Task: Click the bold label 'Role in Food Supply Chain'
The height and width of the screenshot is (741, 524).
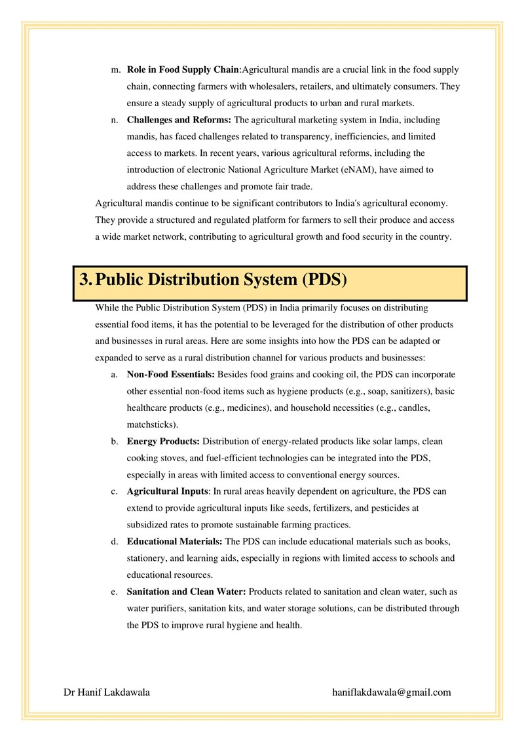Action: (183, 69)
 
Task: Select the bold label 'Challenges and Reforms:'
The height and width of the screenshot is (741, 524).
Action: (179, 120)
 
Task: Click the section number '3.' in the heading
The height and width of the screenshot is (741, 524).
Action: (86, 280)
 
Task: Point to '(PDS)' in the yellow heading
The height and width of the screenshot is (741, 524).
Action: (324, 280)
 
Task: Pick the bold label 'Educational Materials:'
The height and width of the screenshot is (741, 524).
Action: (175, 542)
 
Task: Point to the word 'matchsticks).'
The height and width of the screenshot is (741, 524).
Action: (152, 424)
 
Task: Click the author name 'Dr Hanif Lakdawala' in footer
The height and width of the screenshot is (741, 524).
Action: (107, 692)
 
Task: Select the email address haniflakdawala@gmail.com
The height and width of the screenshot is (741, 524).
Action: (392, 692)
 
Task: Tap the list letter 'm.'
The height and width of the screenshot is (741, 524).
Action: (116, 69)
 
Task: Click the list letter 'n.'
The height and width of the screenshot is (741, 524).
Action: (115, 120)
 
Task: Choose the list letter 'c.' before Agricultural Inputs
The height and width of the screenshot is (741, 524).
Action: (114, 491)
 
